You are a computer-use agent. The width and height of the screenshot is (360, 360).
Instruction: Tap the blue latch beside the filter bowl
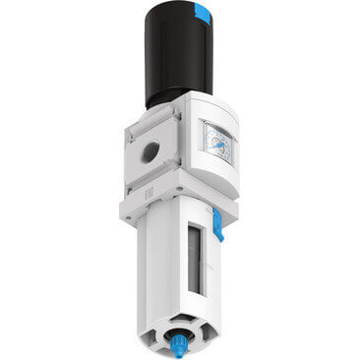click(x=217, y=232)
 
